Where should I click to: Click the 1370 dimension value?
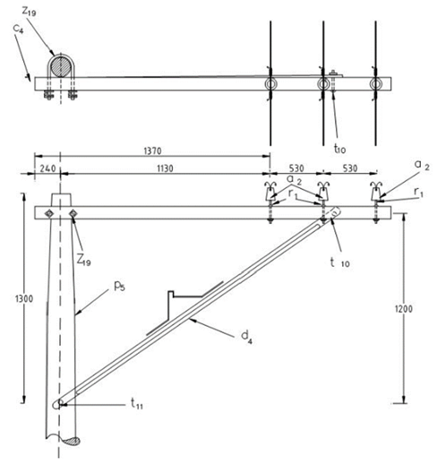click(152, 150)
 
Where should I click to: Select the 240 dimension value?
click(47, 168)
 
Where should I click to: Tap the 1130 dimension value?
click(165, 168)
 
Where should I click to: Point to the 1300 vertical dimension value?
click(24, 299)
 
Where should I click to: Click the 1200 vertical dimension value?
click(404, 309)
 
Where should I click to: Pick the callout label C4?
click(18, 30)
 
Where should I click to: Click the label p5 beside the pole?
click(119, 287)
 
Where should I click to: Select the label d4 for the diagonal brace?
click(246, 338)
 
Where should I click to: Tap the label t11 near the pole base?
click(137, 404)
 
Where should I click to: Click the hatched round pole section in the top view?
click(61, 66)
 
